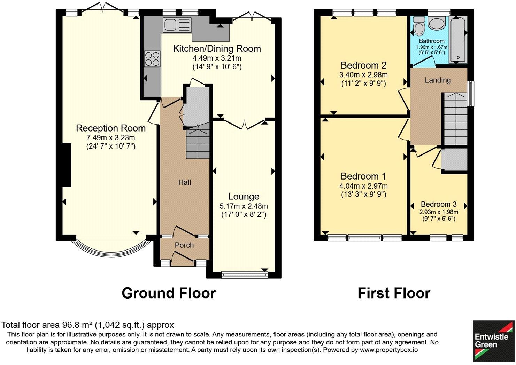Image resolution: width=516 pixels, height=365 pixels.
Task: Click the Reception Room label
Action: (x=111, y=128)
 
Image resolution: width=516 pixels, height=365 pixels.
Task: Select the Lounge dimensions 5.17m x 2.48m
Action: (x=244, y=206)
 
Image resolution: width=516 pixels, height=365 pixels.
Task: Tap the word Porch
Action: (x=184, y=245)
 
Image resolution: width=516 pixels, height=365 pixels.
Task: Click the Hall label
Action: (x=185, y=182)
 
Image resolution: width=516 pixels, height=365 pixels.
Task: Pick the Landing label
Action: (x=438, y=80)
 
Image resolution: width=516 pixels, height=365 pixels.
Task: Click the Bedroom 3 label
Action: (x=439, y=204)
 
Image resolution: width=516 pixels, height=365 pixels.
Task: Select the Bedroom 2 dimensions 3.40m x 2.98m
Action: (x=363, y=74)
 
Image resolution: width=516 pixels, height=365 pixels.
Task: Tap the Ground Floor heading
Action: (x=169, y=293)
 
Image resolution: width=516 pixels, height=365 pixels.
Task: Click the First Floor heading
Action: (x=394, y=293)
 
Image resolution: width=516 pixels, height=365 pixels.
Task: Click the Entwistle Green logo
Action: (x=493, y=341)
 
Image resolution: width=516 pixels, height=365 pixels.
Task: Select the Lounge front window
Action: (x=245, y=276)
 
